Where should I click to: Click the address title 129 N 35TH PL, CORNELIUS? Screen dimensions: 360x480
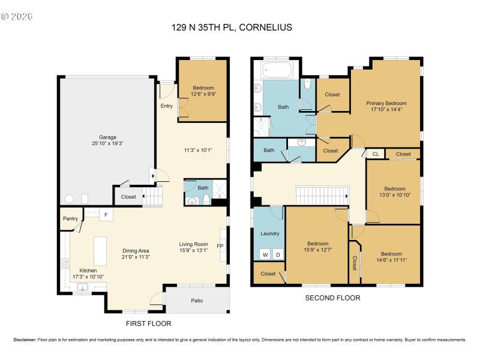click(x=241, y=27)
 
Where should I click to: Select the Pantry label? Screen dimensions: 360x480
click(x=70, y=219)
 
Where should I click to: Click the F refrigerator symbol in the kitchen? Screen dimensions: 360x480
click(x=106, y=214)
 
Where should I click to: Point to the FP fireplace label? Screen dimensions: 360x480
click(x=220, y=246)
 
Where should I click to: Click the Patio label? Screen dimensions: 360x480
click(x=197, y=301)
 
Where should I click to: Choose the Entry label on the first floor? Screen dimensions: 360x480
click(x=166, y=106)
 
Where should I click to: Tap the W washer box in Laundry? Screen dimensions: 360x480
click(x=263, y=254)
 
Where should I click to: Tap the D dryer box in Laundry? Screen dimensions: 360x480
click(x=277, y=254)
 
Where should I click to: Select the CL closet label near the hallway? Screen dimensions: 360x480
click(x=376, y=154)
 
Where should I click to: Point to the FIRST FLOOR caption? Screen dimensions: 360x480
click(x=148, y=323)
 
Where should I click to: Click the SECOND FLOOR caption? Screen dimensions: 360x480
click(x=333, y=298)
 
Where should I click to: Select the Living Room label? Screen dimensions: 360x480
click(x=193, y=244)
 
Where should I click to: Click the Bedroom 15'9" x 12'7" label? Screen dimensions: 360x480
click(x=317, y=247)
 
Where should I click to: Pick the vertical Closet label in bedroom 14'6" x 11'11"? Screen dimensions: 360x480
click(x=355, y=262)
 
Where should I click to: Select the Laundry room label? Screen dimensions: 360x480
click(x=269, y=233)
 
